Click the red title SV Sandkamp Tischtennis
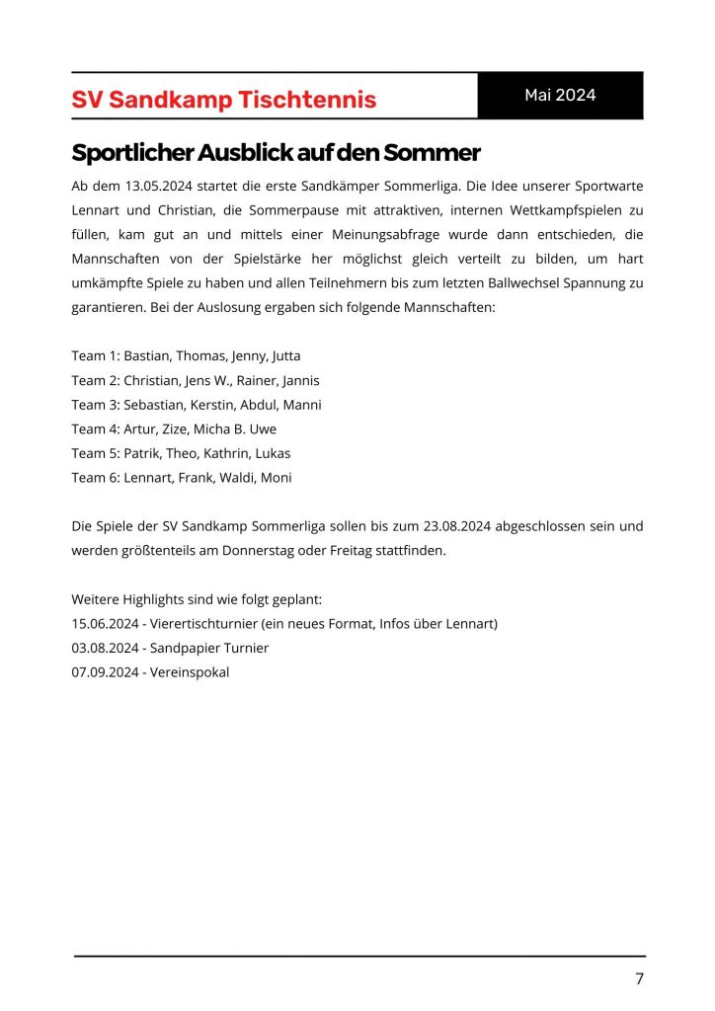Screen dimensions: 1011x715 click(x=224, y=100)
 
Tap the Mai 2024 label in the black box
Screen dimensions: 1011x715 click(x=560, y=95)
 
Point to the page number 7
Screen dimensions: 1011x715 click(x=639, y=978)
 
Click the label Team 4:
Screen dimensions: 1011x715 click(x=95, y=429)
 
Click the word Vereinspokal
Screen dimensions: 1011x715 click(x=190, y=672)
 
